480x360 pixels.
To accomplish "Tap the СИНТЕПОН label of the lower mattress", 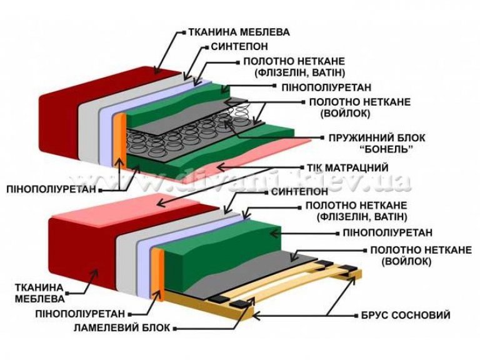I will pyautogui.click(x=299, y=192).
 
